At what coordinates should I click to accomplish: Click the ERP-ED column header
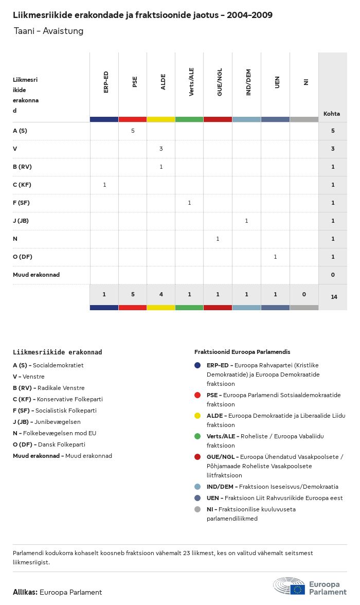pyautogui.click(x=106, y=82)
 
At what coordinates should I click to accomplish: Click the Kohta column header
pyautogui.click(x=332, y=114)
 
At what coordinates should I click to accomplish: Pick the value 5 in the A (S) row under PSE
pyautogui.click(x=133, y=131)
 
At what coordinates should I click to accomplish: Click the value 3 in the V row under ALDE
pyautogui.click(x=161, y=149)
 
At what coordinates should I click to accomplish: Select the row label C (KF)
pyautogui.click(x=22, y=185)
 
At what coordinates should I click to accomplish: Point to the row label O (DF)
pyautogui.click(x=23, y=257)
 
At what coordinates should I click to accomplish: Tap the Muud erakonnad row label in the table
pyautogui.click(x=36, y=275)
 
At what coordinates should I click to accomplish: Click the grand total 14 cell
pyautogui.click(x=334, y=297)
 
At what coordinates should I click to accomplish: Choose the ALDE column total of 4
pyautogui.click(x=161, y=294)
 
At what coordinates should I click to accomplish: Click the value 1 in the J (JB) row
pyautogui.click(x=246, y=221)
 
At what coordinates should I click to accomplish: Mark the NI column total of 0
pyautogui.click(x=304, y=294)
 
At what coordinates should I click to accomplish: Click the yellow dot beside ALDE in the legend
pyautogui.click(x=197, y=416)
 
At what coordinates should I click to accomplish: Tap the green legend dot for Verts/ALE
pyautogui.click(x=197, y=436)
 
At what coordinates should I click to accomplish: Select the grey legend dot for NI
pyautogui.click(x=197, y=509)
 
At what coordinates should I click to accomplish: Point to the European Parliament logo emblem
pyautogui.click(x=289, y=586)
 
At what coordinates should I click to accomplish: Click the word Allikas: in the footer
pyautogui.click(x=25, y=592)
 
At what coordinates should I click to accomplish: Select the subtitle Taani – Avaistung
pyautogui.click(x=48, y=31)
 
